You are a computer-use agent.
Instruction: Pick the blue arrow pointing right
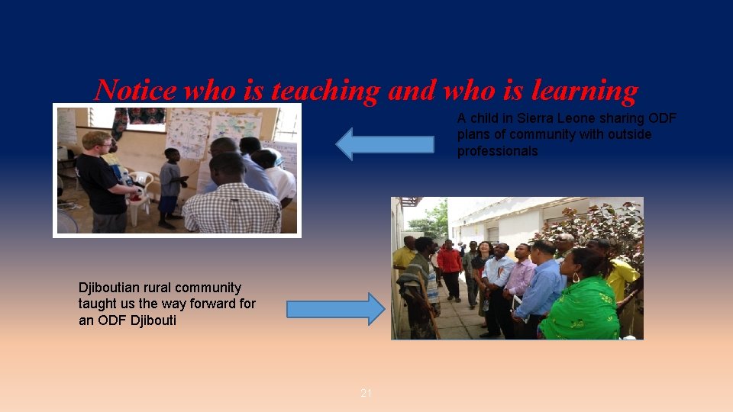pyautogui.click(x=336, y=309)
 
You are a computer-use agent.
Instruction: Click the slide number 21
pyautogui.click(x=366, y=393)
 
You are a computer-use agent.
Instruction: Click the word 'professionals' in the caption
pyautogui.click(x=497, y=151)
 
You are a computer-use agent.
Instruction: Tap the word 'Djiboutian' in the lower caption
pyautogui.click(x=115, y=288)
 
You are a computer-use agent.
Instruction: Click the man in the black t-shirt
pyautogui.click(x=104, y=183)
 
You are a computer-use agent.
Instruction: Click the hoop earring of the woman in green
pyautogui.click(x=574, y=278)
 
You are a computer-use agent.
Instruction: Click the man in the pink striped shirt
pyautogui.click(x=521, y=278)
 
